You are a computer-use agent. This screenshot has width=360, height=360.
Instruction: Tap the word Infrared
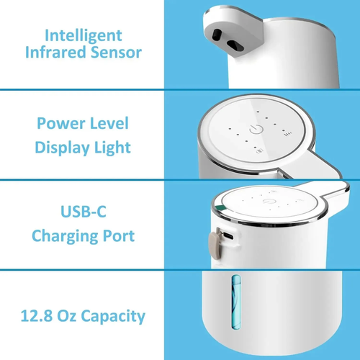click(x=55, y=52)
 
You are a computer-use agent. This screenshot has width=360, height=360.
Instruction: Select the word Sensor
click(x=115, y=52)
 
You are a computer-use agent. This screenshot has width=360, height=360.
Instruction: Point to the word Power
click(x=59, y=123)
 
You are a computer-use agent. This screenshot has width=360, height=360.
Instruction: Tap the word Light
click(x=114, y=148)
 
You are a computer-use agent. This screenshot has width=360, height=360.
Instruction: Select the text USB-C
click(x=83, y=211)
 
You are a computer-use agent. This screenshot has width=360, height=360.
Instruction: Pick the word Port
click(x=119, y=235)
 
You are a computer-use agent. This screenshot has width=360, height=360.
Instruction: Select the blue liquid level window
click(x=233, y=303)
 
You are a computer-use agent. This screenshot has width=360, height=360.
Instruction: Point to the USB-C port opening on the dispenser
click(x=227, y=235)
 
